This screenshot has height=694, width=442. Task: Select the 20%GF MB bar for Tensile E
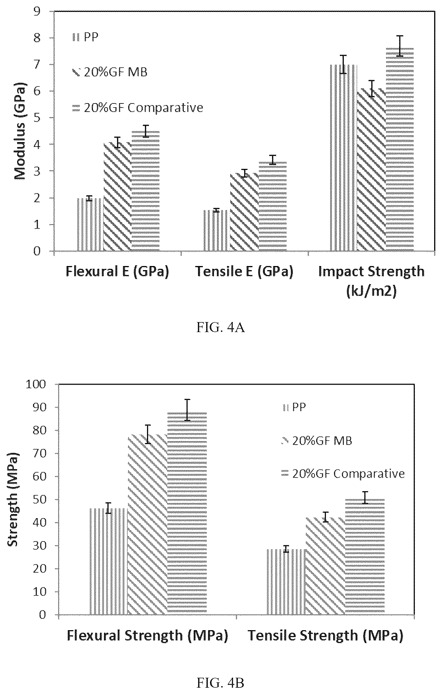click(x=244, y=212)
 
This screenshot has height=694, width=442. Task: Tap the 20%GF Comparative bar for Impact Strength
click(x=400, y=150)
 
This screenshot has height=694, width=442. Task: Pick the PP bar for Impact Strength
click(x=344, y=158)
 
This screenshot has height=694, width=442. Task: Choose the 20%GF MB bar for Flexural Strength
click(x=148, y=555)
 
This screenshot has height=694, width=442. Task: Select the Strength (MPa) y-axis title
click(x=13, y=499)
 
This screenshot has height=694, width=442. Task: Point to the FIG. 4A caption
click(x=221, y=328)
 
